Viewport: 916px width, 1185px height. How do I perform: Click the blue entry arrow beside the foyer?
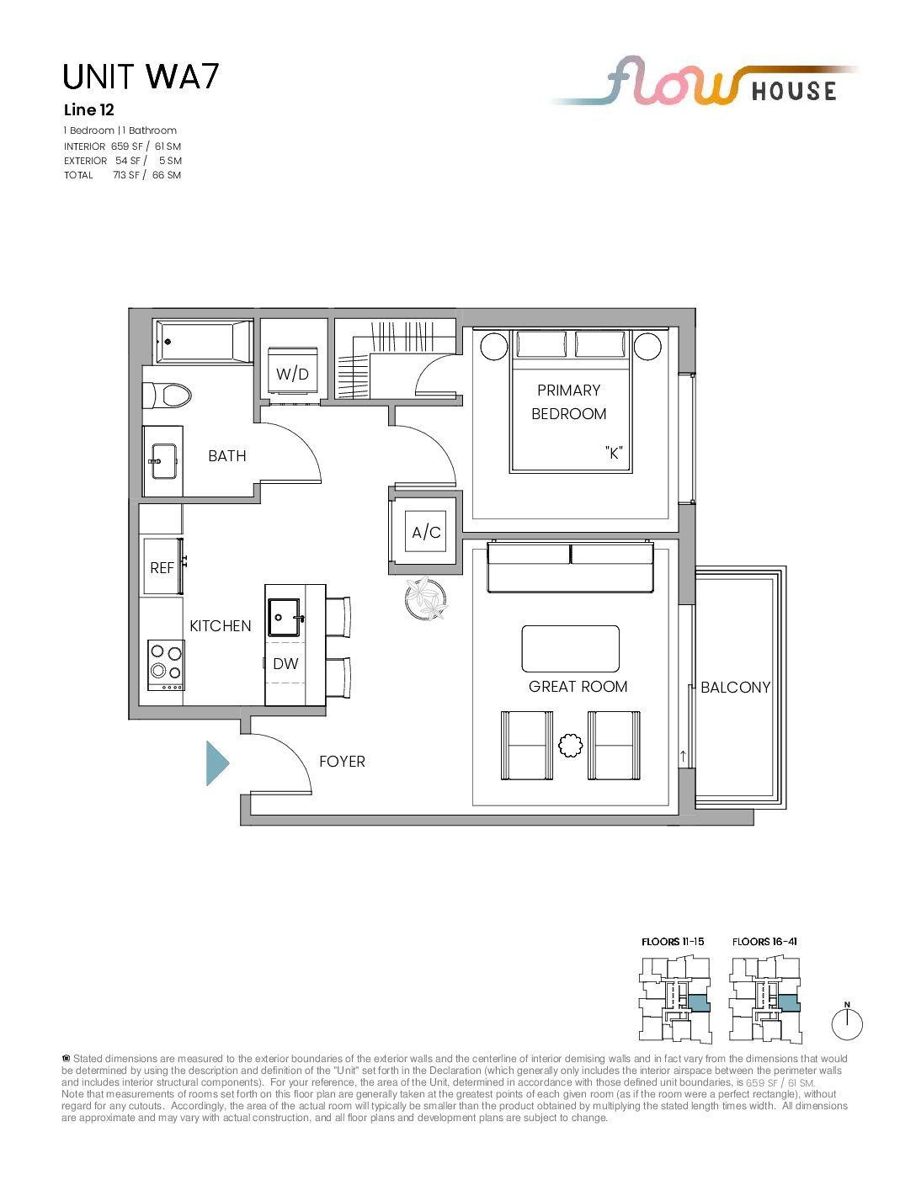pos(216,763)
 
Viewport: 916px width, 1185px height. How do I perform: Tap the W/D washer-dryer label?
pos(292,374)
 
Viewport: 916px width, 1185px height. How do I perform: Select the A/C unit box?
pos(425,532)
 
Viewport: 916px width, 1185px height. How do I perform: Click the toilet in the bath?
pos(167,395)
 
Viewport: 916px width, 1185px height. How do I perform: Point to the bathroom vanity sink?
pos(163,461)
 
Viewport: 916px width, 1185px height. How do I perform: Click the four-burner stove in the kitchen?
pos(167,666)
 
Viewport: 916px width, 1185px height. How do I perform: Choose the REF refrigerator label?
pos(162,568)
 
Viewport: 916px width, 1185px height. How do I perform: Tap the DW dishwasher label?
pos(285,664)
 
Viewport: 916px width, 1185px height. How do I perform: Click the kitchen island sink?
pos(285,617)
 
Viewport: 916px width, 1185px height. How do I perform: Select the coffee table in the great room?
pos(570,648)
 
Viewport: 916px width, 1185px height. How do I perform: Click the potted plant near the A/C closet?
pos(426,598)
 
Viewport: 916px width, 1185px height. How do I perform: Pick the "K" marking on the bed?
pos(614,453)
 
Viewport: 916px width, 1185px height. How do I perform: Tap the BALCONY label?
pos(735,687)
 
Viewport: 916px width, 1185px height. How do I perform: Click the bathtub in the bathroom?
pos(204,342)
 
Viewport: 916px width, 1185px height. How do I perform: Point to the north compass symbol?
pos(847,1023)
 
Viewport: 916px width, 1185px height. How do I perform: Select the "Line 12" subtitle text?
pos(89,110)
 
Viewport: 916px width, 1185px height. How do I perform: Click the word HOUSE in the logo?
pos(794,91)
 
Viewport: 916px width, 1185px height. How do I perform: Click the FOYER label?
pos(342,762)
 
